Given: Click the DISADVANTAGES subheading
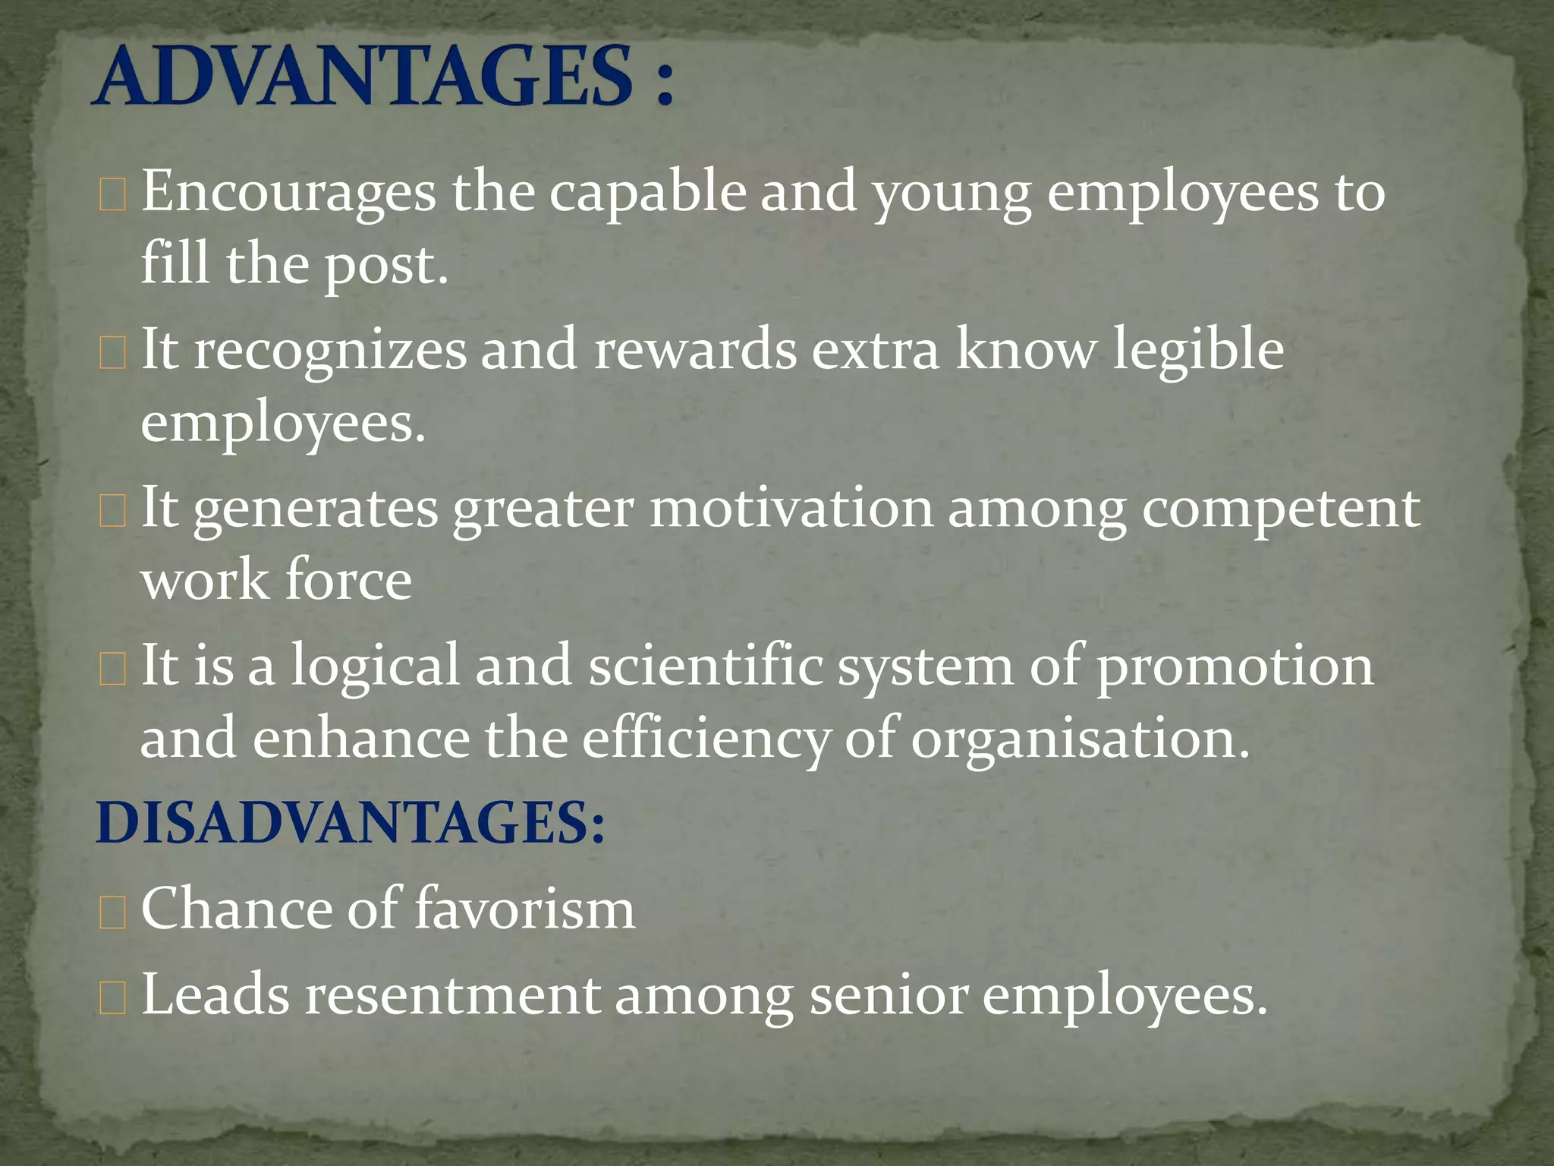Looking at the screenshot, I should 351,824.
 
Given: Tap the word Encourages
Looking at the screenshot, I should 289,192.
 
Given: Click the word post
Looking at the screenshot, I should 385,266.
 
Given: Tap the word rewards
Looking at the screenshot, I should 695,349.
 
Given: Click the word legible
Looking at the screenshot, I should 1198,349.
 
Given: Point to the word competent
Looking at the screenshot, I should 1281,509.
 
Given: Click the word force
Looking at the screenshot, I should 349,580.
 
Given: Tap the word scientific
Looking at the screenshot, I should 706,665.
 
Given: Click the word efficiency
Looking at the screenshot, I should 706,739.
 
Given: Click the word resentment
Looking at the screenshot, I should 452,994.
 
